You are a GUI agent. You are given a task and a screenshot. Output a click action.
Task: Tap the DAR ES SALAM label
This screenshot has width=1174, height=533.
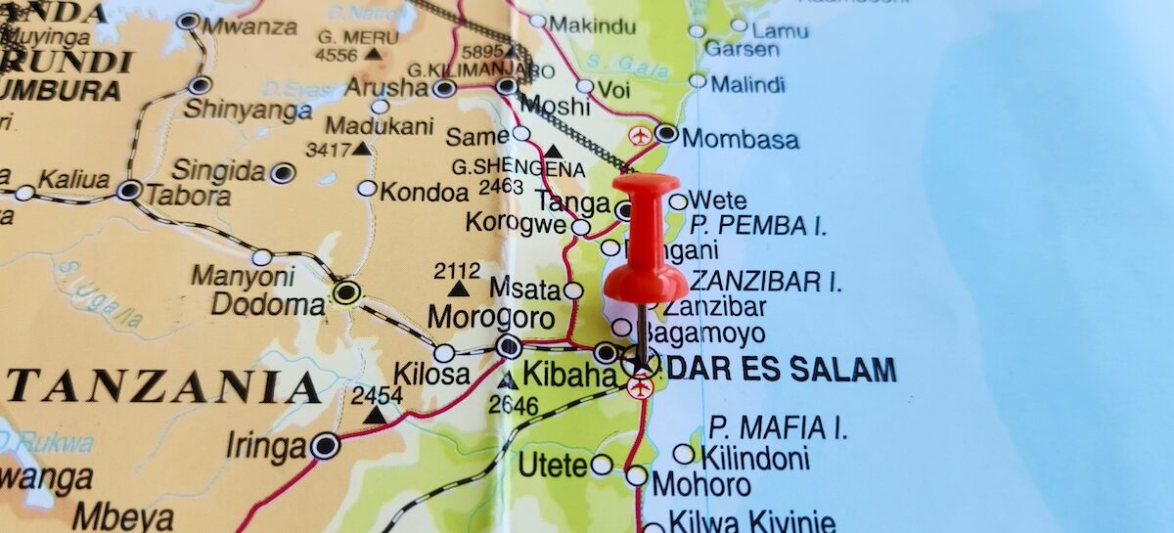(x=783, y=370)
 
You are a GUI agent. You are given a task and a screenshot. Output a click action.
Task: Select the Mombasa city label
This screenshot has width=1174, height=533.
(x=741, y=139)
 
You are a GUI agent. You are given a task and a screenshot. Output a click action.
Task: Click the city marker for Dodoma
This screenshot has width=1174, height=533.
(x=345, y=291)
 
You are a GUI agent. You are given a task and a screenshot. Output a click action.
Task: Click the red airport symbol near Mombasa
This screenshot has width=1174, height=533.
(x=640, y=136)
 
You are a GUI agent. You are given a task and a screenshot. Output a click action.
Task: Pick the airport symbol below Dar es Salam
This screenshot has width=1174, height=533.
(x=641, y=389)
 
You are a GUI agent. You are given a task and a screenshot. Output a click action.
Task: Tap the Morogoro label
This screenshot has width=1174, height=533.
(x=491, y=318)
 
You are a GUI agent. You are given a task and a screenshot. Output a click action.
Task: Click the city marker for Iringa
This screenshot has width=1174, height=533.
(x=325, y=446)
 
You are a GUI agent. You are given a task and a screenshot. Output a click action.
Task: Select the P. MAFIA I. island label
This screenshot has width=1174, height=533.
(x=779, y=427)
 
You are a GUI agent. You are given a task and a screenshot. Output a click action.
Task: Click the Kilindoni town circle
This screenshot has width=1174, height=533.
(x=684, y=454)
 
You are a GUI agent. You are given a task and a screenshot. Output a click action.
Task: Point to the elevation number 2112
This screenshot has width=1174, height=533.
(x=457, y=271)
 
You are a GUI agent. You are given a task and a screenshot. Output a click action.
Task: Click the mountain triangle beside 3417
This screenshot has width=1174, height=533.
(x=361, y=149)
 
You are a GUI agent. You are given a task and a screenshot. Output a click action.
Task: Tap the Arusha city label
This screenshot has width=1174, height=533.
(x=386, y=87)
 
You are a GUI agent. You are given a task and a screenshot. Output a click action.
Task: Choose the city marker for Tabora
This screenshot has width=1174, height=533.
(x=129, y=191)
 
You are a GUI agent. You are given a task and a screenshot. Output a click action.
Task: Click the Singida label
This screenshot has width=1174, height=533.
(x=218, y=172)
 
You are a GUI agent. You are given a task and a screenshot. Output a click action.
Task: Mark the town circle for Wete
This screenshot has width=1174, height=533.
(x=678, y=201)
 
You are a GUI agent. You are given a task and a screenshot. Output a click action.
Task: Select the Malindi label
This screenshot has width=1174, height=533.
(x=748, y=84)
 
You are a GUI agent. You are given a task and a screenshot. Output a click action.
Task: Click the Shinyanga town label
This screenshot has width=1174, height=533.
(x=248, y=110)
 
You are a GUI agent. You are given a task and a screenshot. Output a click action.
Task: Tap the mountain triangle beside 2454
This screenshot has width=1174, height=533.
(x=376, y=416)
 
